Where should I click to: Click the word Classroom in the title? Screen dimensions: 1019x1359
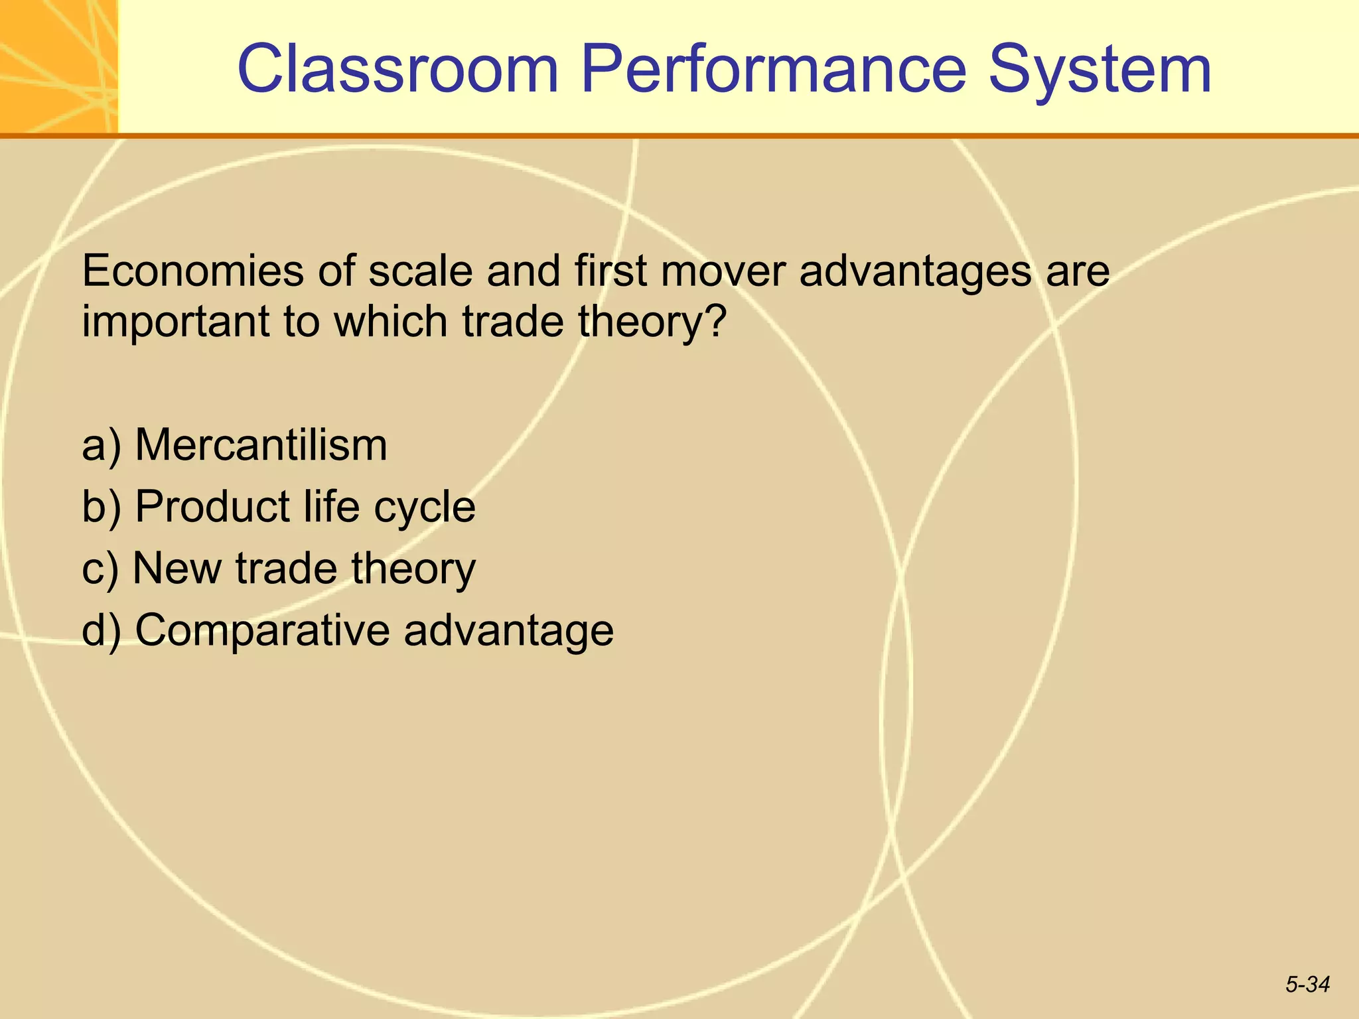(398, 70)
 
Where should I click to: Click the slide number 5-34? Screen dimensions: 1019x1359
(1307, 985)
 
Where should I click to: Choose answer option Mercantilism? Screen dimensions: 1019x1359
(261, 444)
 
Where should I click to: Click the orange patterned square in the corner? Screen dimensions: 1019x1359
(58, 66)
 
